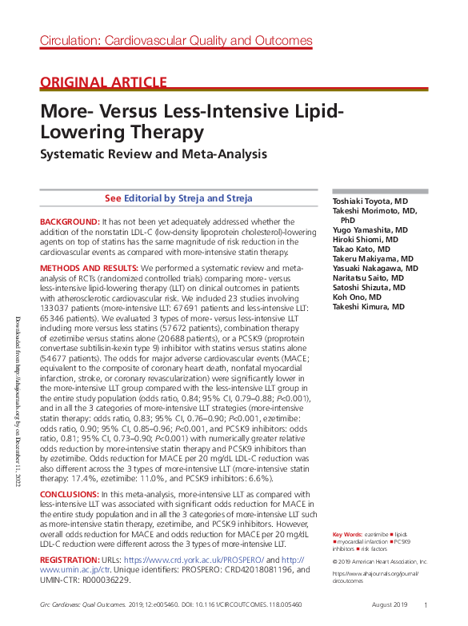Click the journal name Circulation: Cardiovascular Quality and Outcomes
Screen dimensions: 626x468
[x=176, y=41]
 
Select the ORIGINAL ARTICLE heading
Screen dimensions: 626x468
[x=103, y=82]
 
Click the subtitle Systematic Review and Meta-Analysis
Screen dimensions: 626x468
[x=154, y=154]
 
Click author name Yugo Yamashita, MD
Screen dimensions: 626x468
[x=370, y=229]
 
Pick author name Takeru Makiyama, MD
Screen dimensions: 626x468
[x=373, y=259]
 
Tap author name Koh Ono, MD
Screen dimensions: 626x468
[x=358, y=297]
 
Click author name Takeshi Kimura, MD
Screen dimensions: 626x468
[x=370, y=307]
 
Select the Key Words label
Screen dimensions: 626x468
[x=347, y=533]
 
